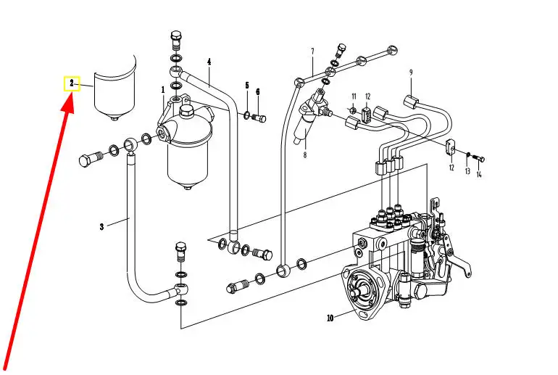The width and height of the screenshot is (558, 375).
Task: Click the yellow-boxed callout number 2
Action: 72,83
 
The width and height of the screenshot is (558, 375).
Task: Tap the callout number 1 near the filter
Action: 163,90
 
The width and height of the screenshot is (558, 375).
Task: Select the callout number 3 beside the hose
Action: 101,227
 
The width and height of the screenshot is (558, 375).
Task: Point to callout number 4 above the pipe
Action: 209,62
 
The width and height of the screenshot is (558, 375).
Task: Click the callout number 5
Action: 247,86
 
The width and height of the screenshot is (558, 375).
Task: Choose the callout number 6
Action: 258,92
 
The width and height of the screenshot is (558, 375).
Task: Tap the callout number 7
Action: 312,51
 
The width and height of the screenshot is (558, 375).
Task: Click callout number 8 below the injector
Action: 305,155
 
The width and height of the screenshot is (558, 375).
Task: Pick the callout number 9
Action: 411,73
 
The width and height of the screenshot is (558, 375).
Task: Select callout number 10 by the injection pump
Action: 330,318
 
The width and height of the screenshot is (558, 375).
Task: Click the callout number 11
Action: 354,96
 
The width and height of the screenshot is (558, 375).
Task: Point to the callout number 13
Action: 467,171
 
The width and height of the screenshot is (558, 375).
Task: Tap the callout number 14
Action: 479,175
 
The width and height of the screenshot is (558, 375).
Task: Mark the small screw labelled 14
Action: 479,158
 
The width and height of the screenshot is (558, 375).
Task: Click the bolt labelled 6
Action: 259,118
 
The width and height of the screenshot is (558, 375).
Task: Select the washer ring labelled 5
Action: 247,115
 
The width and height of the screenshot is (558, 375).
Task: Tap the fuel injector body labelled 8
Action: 309,118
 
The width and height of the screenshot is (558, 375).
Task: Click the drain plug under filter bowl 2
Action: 114,118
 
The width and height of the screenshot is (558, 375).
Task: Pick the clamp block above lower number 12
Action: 451,147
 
